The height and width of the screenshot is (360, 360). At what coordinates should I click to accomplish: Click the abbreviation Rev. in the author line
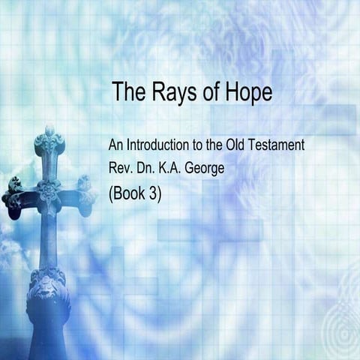[121, 169]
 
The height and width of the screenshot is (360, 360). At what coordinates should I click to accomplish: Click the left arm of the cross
[15, 196]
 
